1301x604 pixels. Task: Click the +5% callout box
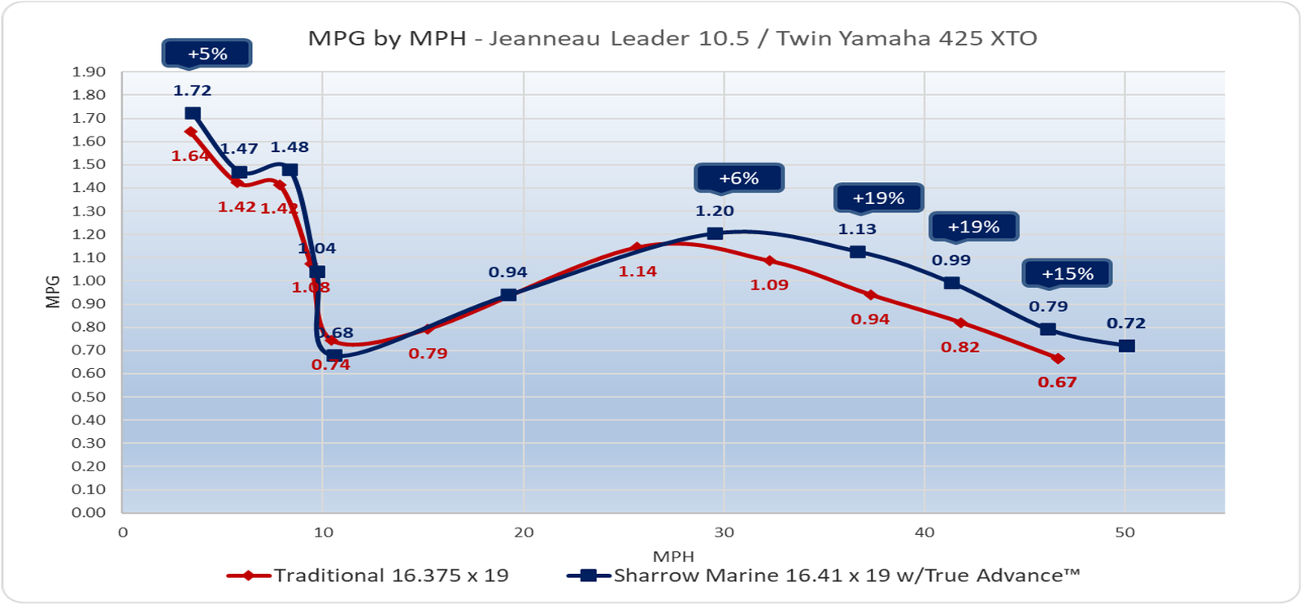click(207, 54)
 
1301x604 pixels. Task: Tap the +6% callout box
click(738, 178)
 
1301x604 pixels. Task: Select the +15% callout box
click(1067, 274)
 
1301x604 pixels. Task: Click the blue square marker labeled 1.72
click(193, 114)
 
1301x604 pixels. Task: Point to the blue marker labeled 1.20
click(715, 233)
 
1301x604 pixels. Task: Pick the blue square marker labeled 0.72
click(1126, 346)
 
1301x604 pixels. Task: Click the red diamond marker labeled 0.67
click(1057, 358)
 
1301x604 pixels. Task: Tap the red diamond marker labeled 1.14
click(637, 247)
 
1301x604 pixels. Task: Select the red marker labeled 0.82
click(960, 323)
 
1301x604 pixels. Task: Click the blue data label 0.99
click(951, 260)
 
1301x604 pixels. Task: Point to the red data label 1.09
click(768, 285)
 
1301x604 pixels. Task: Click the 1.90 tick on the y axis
click(89, 72)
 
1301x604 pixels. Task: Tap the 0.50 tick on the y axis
click(89, 397)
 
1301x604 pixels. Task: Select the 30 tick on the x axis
click(724, 532)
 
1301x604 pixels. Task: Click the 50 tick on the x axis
click(1125, 532)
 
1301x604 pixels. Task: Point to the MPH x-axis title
click(673, 556)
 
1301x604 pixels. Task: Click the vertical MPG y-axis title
click(54, 293)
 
